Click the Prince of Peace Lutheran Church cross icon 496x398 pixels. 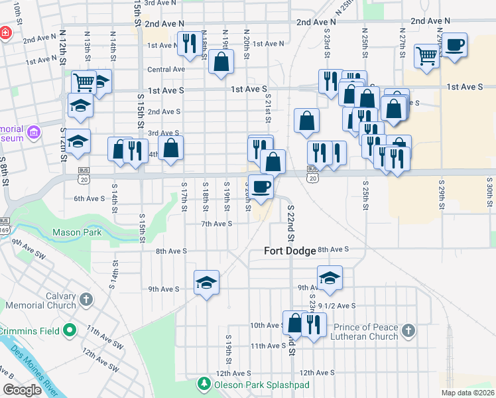tap(409, 330)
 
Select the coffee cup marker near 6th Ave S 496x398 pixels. tap(261, 185)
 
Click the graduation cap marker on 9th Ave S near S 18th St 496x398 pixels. tap(206, 282)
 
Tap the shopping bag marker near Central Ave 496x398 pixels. tap(221, 62)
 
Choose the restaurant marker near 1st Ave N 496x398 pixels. tap(189, 44)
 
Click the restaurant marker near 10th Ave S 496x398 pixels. tap(313, 324)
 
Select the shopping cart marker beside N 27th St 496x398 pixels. tap(426, 56)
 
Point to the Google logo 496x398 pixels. tap(22, 389)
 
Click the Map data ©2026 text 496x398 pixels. tap(467, 392)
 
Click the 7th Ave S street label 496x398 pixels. tap(217, 224)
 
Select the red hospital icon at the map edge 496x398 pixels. tap(4, 32)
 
